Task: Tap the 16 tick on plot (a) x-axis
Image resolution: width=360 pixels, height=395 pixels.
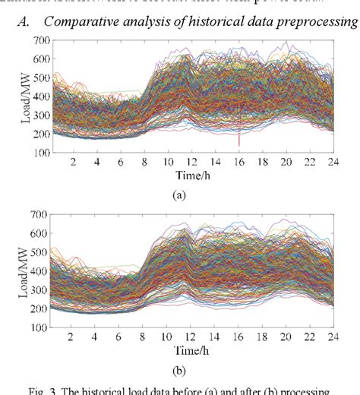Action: pos(239,162)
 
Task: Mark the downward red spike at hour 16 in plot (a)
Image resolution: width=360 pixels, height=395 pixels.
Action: pos(240,137)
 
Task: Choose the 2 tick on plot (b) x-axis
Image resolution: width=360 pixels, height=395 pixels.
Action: pos(73,338)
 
